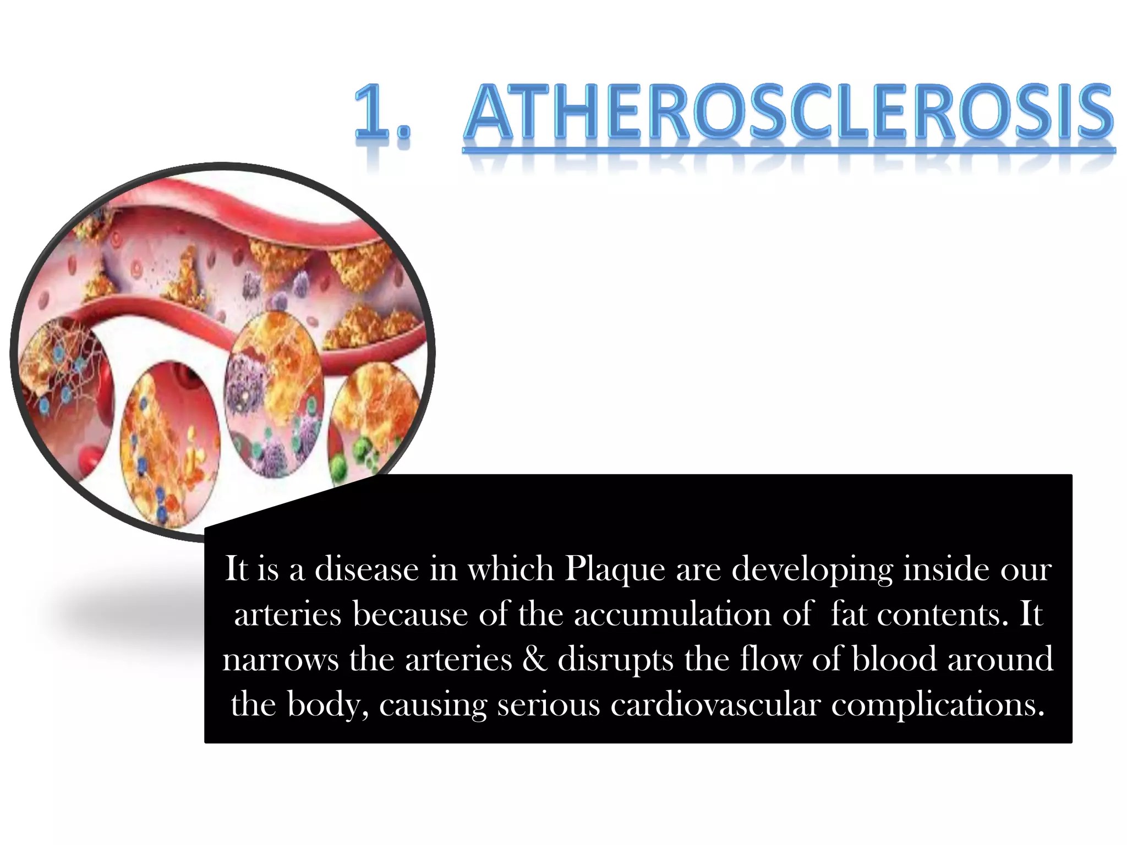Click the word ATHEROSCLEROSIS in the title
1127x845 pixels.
[788, 113]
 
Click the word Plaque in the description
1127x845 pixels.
[615, 569]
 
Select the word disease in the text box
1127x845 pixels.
[366, 569]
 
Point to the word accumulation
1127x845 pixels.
[672, 614]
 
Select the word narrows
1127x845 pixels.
[280, 659]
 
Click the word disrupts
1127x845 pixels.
[615, 659]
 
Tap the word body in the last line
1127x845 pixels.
[329, 705]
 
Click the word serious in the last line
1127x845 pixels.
[548, 705]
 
